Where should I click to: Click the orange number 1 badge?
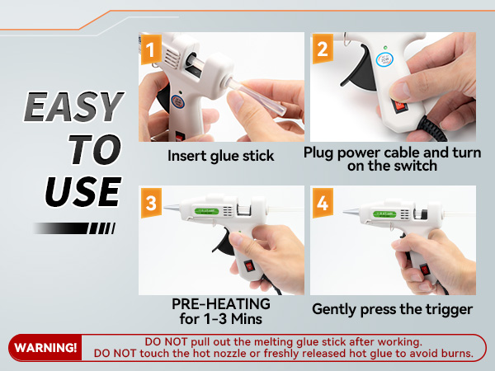150,52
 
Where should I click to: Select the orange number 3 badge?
150,205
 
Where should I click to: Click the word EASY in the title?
73,108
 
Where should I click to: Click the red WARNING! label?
46,347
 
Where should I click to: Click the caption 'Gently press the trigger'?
393,310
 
